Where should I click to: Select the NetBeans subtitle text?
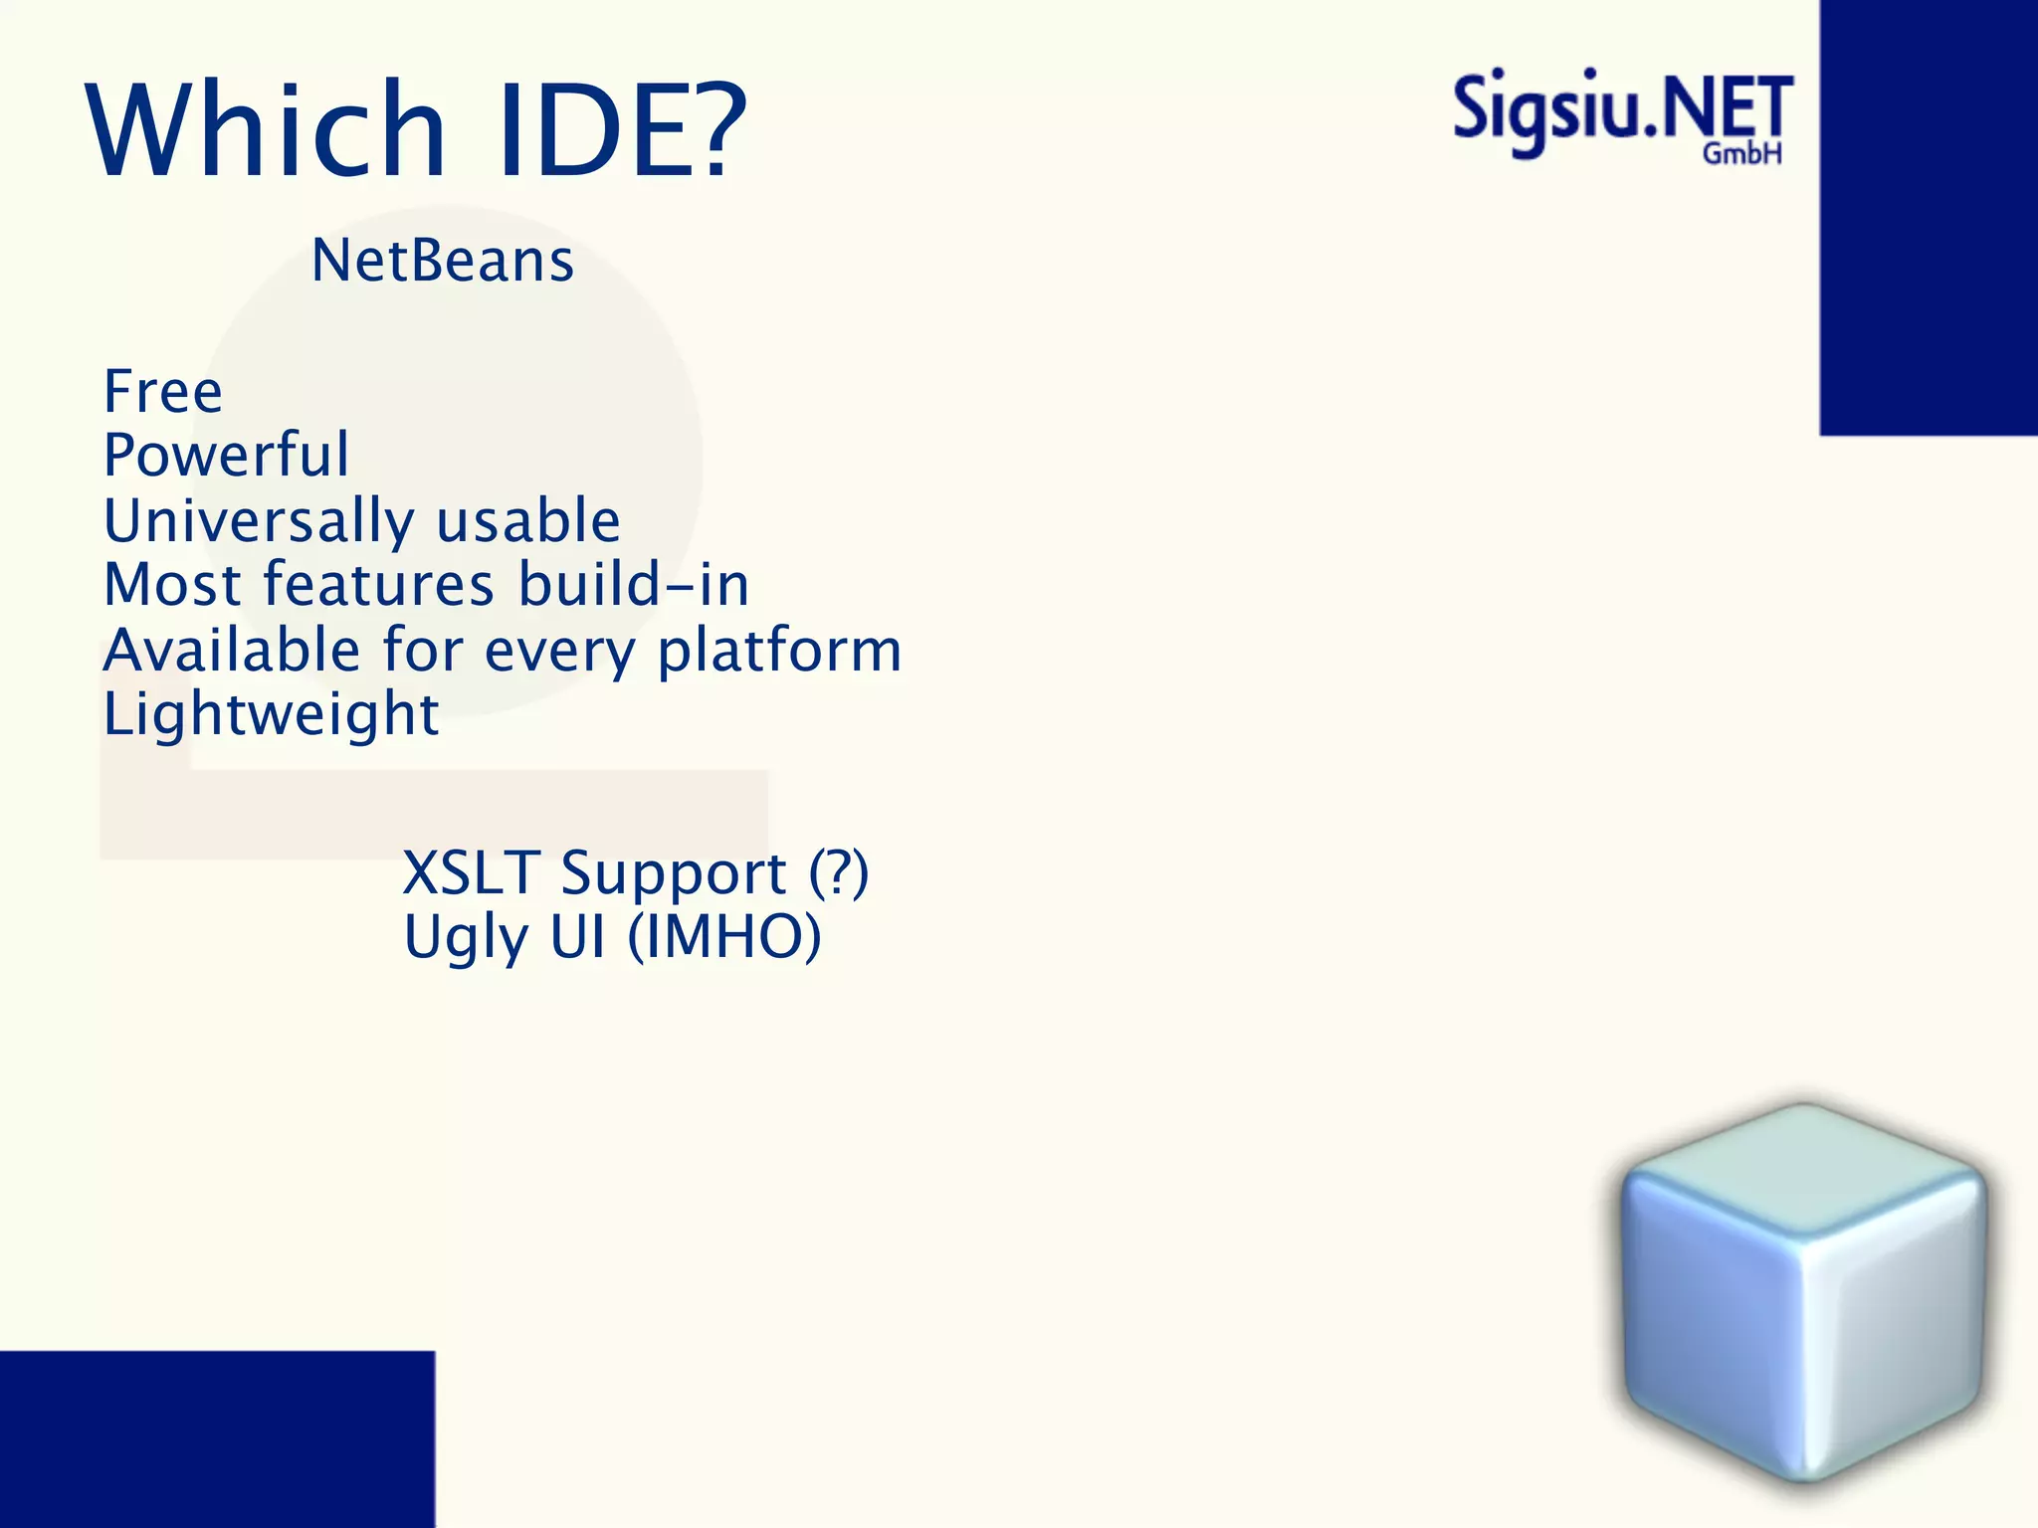[443, 261]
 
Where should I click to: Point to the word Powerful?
[227, 455]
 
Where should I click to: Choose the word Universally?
[259, 521]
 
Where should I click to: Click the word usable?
[528, 521]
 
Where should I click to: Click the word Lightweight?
[271, 714]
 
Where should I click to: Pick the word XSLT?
[471, 873]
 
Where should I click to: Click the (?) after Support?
[838, 873]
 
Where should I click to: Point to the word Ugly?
[465, 937]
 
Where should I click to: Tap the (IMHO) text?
[724, 937]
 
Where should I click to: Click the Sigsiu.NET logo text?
[1622, 109]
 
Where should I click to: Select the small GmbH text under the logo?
[1741, 153]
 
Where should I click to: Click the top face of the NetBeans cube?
[1803, 1169]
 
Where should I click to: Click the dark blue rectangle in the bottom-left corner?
[217, 1438]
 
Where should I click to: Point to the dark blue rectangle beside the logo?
[1929, 217]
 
